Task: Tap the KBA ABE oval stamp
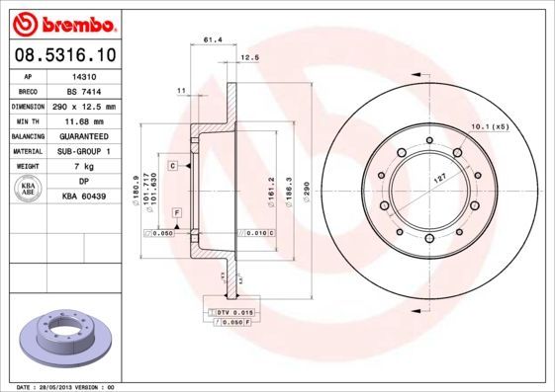[x=29, y=190]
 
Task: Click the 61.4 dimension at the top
[x=211, y=39]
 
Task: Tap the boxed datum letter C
[x=172, y=166]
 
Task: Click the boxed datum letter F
[x=176, y=213]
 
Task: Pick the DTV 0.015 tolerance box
[x=229, y=312]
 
